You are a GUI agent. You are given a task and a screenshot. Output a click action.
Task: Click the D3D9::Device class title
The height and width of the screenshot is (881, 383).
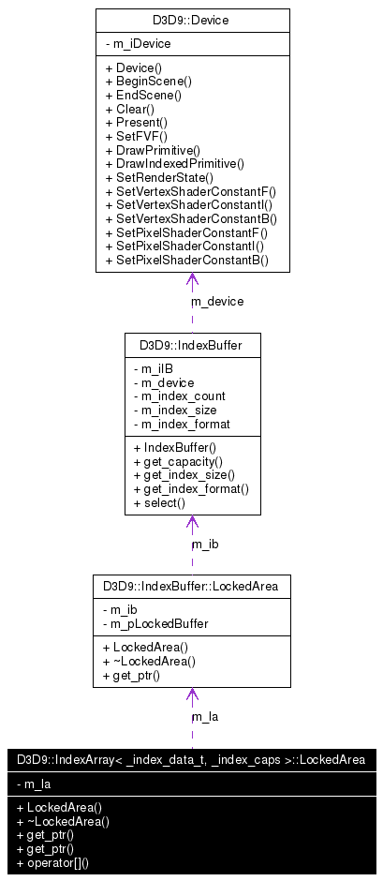click(192, 20)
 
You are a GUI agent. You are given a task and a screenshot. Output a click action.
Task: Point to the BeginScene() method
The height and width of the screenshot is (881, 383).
click(148, 82)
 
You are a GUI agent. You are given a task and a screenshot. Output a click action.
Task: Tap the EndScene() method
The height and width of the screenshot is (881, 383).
click(143, 96)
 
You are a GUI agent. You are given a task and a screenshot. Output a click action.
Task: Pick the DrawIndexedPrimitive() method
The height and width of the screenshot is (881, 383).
click(174, 163)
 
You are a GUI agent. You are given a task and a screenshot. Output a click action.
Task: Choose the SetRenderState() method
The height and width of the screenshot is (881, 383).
click(159, 177)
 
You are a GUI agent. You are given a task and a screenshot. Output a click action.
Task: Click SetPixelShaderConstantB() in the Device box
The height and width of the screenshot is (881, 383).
click(186, 259)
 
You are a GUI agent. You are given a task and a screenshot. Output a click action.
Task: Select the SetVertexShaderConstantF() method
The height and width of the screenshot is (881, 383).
click(190, 191)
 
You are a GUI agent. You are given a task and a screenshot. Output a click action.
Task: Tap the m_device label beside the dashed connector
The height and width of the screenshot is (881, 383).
click(217, 302)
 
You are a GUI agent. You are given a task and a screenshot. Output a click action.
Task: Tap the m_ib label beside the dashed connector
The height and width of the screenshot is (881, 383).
click(205, 544)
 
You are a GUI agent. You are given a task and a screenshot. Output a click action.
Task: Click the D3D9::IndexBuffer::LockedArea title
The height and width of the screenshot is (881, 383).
click(191, 588)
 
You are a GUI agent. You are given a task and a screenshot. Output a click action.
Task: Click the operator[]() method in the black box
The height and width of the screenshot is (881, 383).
click(60, 861)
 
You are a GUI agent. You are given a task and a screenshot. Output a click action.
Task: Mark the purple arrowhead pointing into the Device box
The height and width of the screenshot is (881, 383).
click(191, 279)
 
